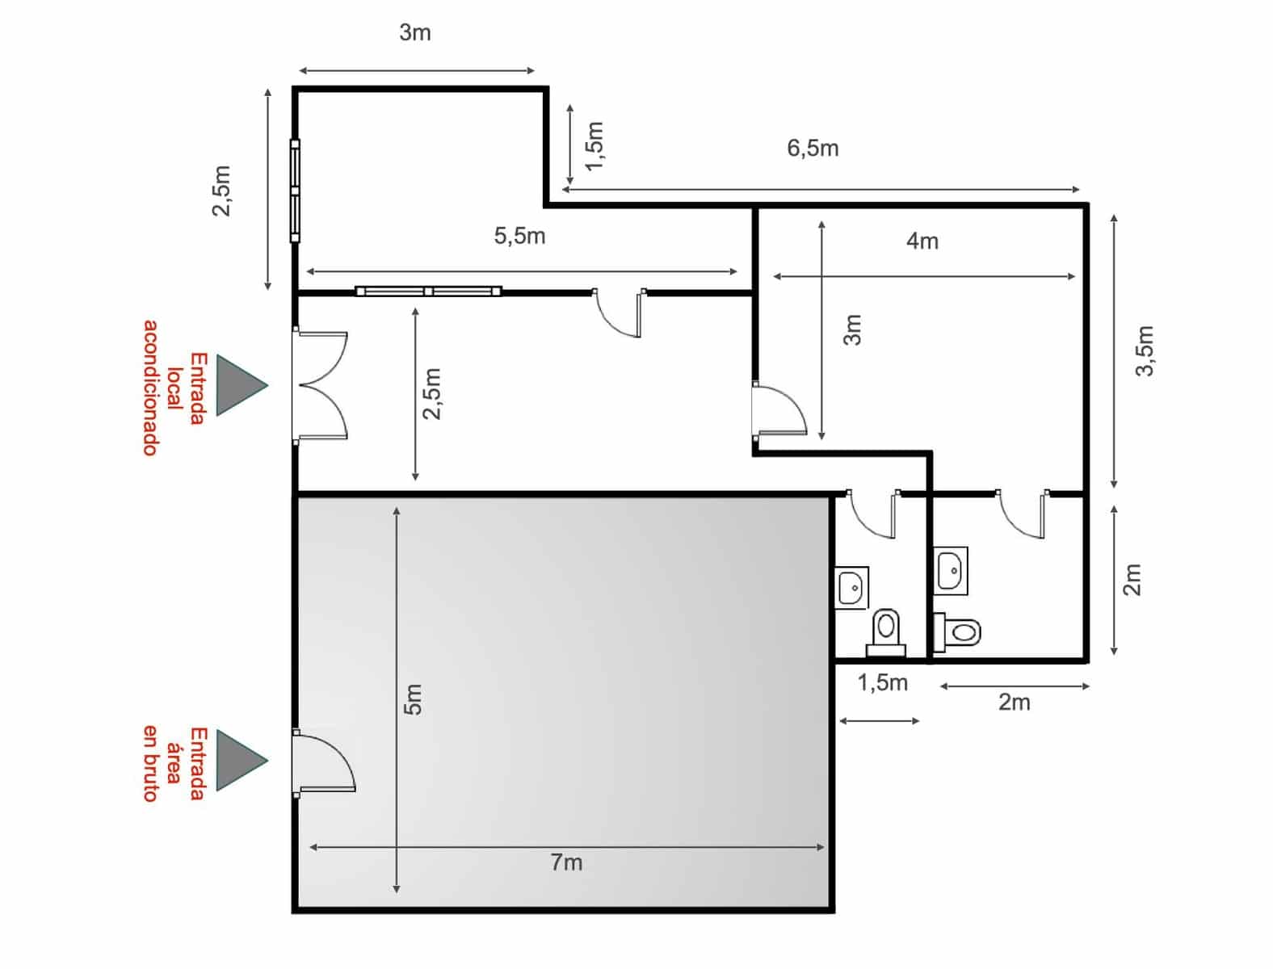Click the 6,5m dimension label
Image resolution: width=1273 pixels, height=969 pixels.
coord(813,149)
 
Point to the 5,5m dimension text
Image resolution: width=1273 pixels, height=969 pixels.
coord(519,236)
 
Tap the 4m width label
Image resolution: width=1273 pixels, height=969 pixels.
coord(922,241)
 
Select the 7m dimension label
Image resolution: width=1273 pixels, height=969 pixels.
coord(566,862)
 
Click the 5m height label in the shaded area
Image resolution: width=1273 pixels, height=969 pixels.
coord(413,699)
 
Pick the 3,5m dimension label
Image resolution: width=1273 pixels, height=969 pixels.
coord(1145,350)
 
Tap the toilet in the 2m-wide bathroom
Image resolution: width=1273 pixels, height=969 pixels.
coord(958,630)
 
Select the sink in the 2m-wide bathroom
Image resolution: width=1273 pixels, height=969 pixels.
coord(952,571)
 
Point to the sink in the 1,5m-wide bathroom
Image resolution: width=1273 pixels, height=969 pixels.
coord(851,587)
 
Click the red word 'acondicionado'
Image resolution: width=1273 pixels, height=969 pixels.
coord(150,388)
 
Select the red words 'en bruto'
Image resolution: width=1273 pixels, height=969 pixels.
coord(150,763)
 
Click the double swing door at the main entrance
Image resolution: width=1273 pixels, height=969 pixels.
coord(321,385)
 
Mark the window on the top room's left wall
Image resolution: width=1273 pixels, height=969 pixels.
coord(295,191)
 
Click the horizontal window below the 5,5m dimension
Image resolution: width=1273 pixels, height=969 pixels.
coord(428,292)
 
